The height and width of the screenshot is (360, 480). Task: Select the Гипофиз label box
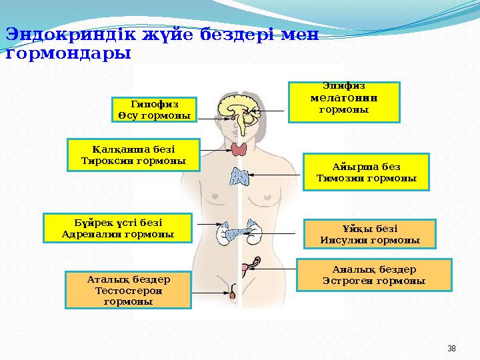click(x=154, y=110)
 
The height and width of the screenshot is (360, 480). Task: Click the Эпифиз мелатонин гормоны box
click(x=343, y=102)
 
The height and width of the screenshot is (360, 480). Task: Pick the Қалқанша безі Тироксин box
click(x=133, y=155)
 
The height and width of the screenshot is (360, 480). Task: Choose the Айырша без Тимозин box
click(x=366, y=172)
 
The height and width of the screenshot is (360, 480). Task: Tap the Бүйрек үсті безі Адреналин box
click(x=117, y=228)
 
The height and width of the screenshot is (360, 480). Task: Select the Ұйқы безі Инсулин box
click(x=369, y=233)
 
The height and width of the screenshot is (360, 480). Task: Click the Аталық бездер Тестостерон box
click(x=128, y=290)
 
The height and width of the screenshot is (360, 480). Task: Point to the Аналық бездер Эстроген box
click(x=373, y=275)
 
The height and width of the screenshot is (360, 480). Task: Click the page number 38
click(x=451, y=349)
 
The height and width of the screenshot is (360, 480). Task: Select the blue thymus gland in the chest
click(x=239, y=177)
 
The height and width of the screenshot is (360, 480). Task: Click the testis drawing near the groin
click(x=233, y=294)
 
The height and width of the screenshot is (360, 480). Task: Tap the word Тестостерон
click(x=128, y=291)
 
